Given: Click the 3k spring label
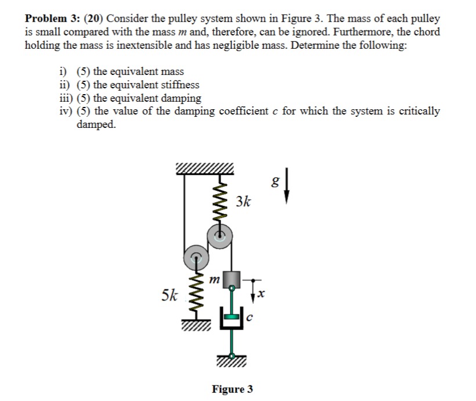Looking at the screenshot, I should [x=244, y=202].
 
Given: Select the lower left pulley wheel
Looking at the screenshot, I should [x=194, y=255].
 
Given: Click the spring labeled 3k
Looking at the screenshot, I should [x=219, y=197].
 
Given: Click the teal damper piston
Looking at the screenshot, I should [x=230, y=316].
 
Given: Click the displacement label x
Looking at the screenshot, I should [x=261, y=296].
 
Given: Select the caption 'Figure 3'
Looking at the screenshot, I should [x=232, y=388].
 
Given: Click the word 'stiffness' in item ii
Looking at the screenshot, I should [x=179, y=85].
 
